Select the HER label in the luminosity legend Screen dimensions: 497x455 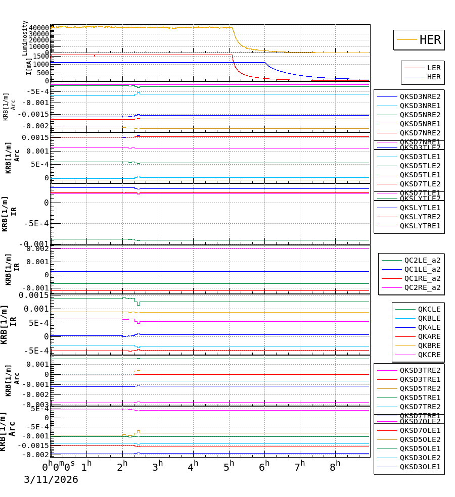click(x=430, y=40)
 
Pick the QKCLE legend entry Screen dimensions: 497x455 click(x=429, y=309)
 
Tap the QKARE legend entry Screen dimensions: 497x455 click(x=429, y=336)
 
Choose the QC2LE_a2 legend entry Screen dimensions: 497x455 click(x=422, y=260)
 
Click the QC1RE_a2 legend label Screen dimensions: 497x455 click(x=422, y=278)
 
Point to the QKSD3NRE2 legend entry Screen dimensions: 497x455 click(x=420, y=96)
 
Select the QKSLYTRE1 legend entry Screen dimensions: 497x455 click(x=420, y=226)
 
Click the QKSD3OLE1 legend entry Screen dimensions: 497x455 click(x=420, y=467)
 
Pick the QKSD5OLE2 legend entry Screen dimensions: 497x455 click(x=420, y=439)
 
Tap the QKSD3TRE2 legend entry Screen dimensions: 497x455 click(x=420, y=370)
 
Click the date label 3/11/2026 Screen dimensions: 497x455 click(x=51, y=479)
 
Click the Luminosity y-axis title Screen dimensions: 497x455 click(x=25, y=37)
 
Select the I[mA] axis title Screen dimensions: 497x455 click(x=29, y=66)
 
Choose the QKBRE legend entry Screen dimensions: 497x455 click(x=429, y=345)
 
